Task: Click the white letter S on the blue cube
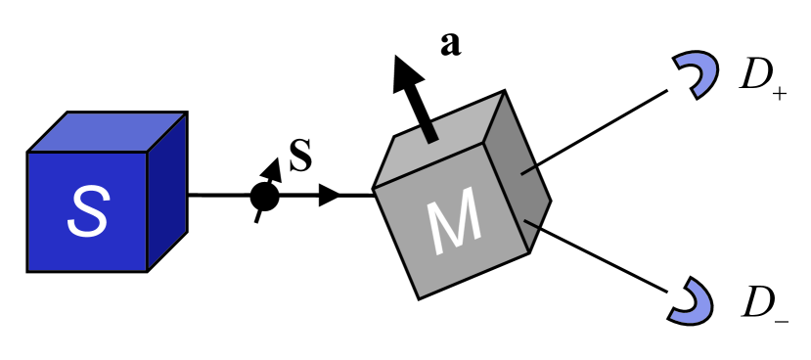pyautogui.click(x=87, y=211)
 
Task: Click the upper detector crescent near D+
pyautogui.click(x=697, y=74)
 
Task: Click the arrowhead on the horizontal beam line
pyautogui.click(x=331, y=197)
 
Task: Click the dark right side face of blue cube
pyautogui.click(x=167, y=191)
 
